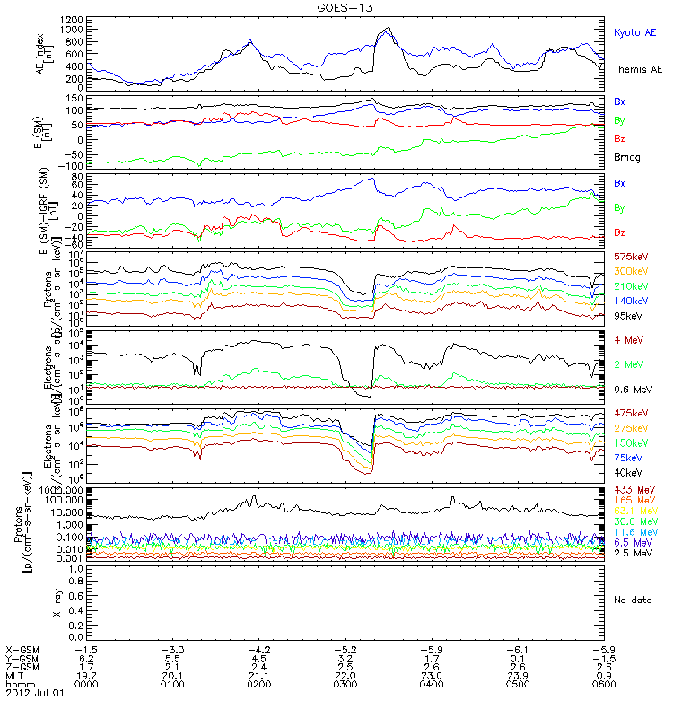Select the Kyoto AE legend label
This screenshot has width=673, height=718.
[634, 32]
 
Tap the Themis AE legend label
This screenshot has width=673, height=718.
[637, 69]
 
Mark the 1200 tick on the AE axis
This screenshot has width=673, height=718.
[74, 19]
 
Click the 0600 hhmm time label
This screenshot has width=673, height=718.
[603, 682]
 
